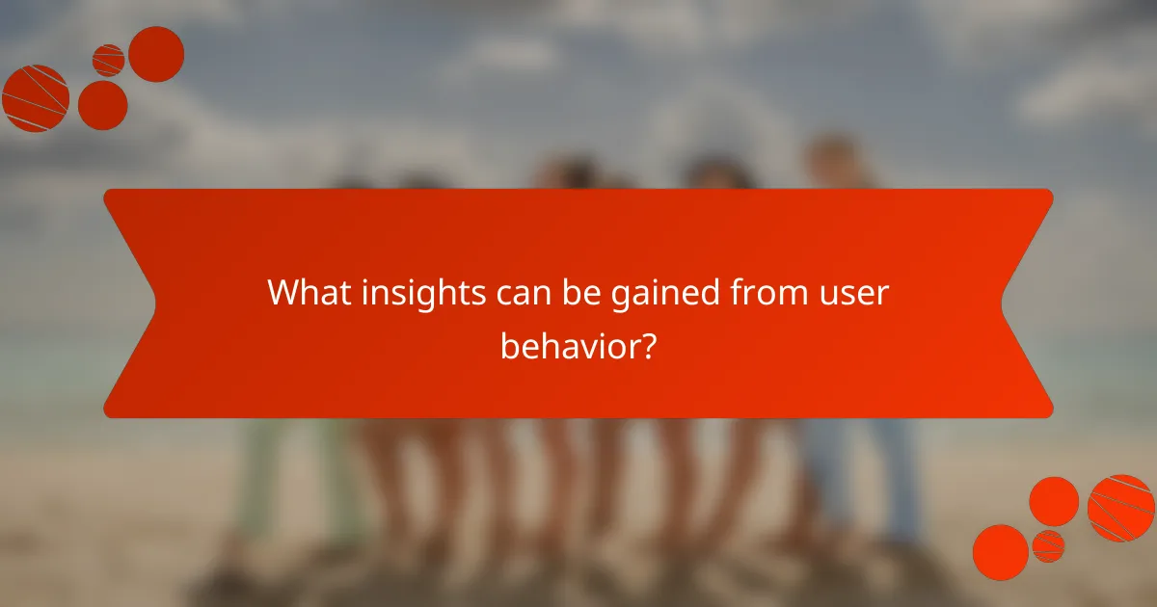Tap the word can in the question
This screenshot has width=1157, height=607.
(516, 292)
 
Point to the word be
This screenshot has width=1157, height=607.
(576, 292)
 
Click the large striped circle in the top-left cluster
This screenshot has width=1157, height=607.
(36, 97)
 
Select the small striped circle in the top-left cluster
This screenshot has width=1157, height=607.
(108, 61)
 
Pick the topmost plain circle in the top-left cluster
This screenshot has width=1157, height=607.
(156, 54)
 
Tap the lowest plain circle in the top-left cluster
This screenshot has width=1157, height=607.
(102, 105)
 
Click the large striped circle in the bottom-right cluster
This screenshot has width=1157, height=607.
(1121, 508)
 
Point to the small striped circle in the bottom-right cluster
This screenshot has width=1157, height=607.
(1048, 546)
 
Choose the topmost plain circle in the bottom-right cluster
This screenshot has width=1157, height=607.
(1054, 501)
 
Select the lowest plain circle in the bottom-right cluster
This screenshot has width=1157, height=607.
(1001, 553)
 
